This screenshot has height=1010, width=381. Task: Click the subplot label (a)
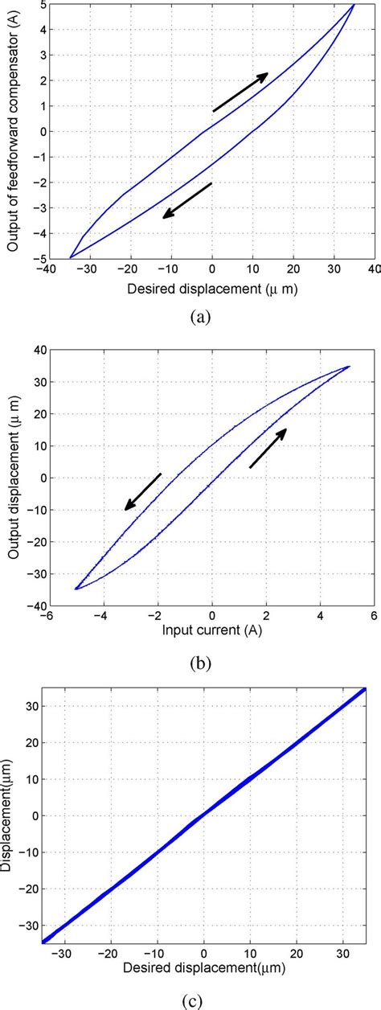(201, 317)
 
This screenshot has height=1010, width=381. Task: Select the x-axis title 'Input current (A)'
(211, 630)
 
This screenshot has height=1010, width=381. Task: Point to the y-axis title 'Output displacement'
(14, 477)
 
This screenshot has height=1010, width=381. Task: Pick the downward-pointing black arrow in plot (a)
(186, 200)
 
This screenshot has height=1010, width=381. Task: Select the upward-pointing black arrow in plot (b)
(268, 448)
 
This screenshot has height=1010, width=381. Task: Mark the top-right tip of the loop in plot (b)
(349, 367)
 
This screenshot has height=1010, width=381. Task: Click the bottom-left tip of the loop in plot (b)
(76, 589)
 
